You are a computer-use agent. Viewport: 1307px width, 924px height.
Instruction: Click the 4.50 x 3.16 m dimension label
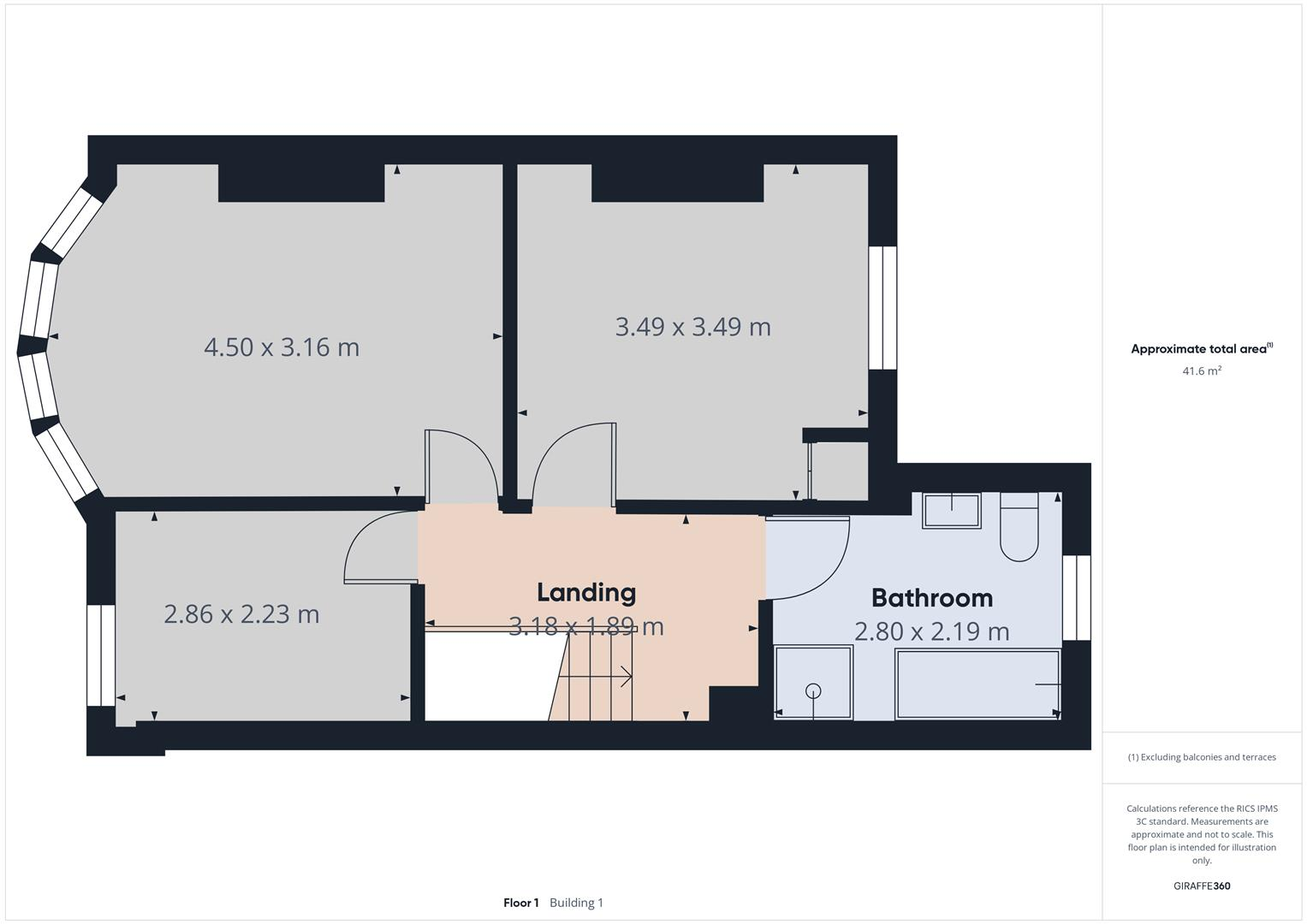point(282,347)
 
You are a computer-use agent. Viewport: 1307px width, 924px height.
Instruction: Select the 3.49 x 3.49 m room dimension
point(692,327)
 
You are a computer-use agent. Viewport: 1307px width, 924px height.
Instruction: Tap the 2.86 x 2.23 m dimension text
point(241,614)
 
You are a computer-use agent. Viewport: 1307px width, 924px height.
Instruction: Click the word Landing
point(585,592)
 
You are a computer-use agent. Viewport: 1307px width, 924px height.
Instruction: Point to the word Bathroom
point(931,597)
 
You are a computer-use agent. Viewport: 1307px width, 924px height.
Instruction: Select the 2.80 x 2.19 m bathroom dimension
point(931,631)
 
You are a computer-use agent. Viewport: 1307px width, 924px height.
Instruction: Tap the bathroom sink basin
point(952,511)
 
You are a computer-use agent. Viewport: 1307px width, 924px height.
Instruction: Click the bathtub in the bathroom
point(977,684)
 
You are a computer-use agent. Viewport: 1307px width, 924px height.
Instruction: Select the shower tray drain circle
point(813,690)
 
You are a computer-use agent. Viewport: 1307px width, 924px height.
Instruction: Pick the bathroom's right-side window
point(1077,597)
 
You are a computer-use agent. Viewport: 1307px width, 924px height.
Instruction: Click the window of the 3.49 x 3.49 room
point(882,308)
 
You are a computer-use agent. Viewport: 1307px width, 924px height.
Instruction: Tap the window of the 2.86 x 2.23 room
point(101,655)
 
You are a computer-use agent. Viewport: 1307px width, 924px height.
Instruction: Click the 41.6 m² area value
point(1201,371)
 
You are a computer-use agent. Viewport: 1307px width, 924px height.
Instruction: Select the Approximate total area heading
point(1201,349)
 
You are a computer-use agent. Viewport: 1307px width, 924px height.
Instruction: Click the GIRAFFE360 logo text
point(1201,885)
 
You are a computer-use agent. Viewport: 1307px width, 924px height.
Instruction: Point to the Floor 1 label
point(520,903)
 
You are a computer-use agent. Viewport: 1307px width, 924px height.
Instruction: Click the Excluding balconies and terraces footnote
point(1201,757)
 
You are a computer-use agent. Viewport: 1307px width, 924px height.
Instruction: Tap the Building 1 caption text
point(576,903)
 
